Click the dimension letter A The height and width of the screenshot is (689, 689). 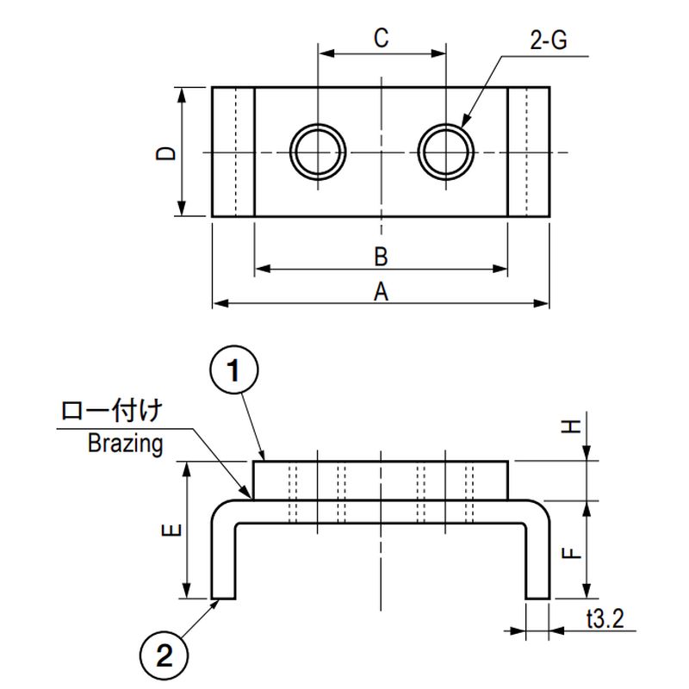(381, 292)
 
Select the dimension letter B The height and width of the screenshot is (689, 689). (381, 257)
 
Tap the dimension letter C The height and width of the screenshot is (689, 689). (382, 38)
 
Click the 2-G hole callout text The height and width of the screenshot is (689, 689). (548, 40)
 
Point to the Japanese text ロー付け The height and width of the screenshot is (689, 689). (110, 413)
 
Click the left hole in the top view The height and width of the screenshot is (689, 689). (319, 152)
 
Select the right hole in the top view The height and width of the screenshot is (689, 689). (446, 152)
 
